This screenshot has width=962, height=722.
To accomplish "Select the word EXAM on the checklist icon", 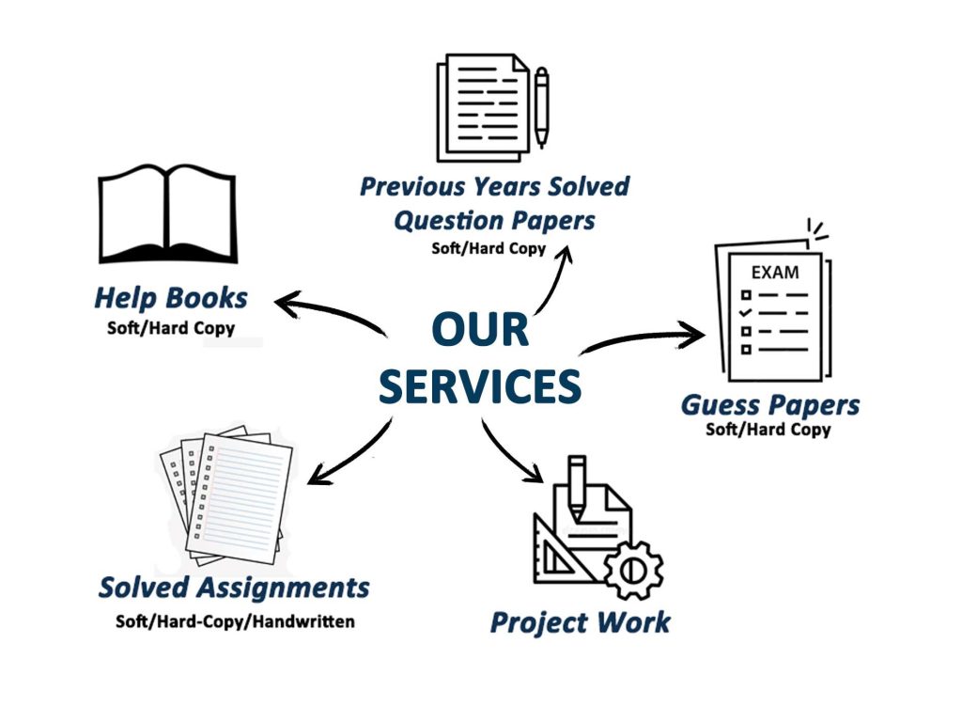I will [x=774, y=273].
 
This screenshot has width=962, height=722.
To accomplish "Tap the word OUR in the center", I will [x=480, y=331].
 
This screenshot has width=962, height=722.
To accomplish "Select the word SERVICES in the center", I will [x=480, y=385].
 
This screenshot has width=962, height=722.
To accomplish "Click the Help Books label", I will [x=171, y=299].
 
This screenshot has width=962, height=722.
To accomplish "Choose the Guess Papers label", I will [x=770, y=406].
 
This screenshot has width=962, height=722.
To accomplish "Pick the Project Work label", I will [x=581, y=621].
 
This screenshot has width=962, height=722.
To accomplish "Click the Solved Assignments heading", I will [x=234, y=589].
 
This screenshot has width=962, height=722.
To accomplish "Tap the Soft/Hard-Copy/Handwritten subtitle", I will [x=235, y=621].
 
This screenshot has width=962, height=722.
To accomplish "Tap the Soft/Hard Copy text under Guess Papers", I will [x=768, y=430].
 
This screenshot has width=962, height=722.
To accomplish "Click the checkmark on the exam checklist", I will [x=745, y=310].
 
